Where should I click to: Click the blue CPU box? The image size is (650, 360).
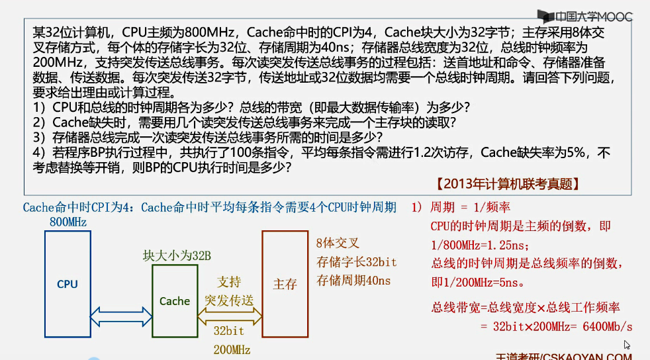click(68, 285)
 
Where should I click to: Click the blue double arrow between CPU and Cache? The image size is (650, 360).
click(120, 318)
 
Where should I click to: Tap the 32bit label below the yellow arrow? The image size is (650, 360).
click(229, 331)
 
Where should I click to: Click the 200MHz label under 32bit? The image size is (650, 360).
click(232, 349)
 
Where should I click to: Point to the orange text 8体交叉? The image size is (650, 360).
click(338, 243)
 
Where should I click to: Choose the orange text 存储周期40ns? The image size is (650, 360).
click(353, 280)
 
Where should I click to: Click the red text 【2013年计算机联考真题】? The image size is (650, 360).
click(507, 184)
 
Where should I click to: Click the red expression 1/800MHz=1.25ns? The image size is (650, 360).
click(479, 245)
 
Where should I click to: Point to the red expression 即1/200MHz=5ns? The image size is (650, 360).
click(477, 283)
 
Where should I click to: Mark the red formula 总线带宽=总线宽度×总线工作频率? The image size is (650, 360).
click(526, 307)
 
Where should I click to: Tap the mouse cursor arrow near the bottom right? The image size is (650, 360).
click(626, 344)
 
